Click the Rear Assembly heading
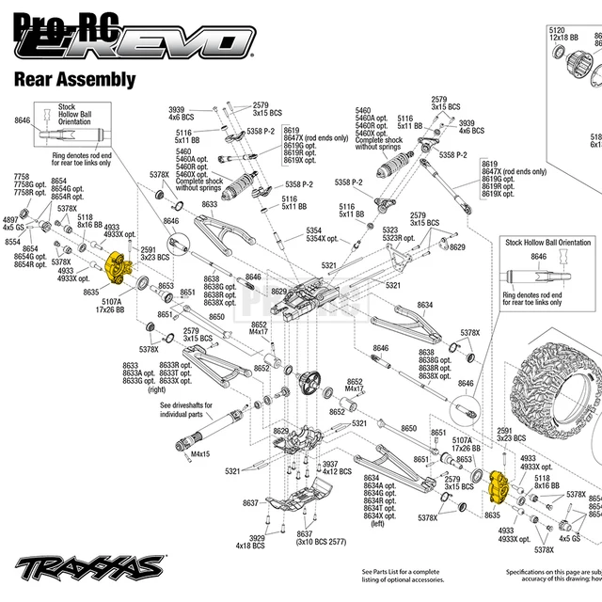[x=74, y=80]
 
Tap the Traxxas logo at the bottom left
[x=89, y=567]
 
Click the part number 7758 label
[x=21, y=177]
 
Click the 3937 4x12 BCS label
[x=336, y=467]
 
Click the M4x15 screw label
[x=200, y=455]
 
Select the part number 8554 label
[x=12, y=242]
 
